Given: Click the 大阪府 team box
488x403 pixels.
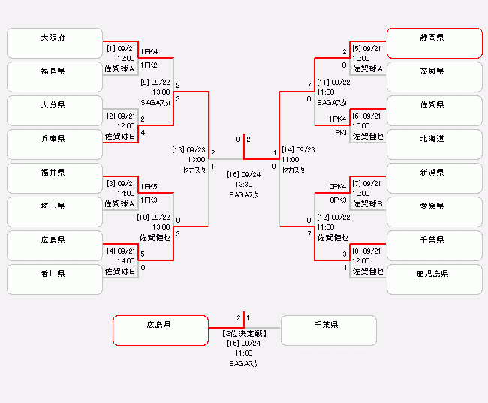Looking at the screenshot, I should coord(54,44).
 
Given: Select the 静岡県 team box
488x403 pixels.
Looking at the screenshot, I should coord(434,44).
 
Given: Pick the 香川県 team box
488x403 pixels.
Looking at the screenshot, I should coord(54,279).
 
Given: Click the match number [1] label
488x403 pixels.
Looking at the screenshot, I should coord(110,49).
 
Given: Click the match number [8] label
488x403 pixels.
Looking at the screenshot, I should coord(356,251).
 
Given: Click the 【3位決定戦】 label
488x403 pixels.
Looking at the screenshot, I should coord(243,333).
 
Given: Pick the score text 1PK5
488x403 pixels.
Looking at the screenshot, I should coord(149,186).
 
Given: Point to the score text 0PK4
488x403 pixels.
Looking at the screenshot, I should coord(337,186).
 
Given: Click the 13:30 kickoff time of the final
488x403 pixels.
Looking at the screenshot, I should coord(243,184).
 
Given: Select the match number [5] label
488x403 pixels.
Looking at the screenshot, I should coord(356,49).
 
